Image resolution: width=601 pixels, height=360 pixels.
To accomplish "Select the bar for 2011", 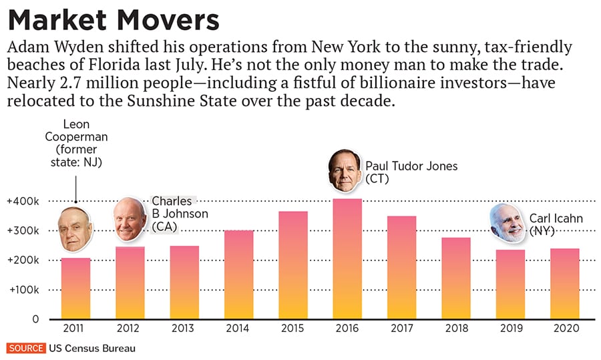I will click(75, 289).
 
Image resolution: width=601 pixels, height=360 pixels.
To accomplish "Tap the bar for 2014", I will click(238, 275).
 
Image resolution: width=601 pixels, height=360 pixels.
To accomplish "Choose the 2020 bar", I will click(564, 283).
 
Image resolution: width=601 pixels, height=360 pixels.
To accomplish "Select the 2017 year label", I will click(401, 329).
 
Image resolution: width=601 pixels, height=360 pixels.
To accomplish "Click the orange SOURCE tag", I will click(25, 349).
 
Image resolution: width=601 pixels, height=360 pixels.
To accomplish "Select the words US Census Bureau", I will click(86, 349).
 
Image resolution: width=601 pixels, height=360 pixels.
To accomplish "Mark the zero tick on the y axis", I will click(35, 319).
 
